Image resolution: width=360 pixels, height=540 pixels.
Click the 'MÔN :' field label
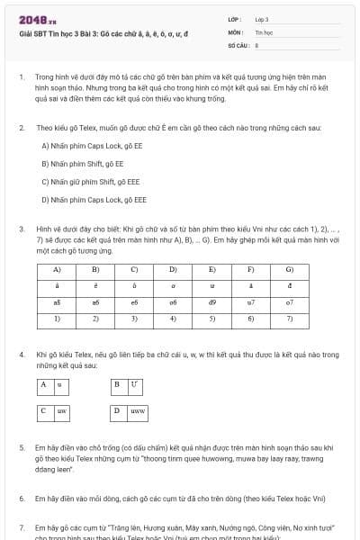(x=235, y=31)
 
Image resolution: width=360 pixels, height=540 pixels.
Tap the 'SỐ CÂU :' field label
(x=238, y=44)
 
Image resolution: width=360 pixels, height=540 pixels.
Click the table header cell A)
(x=57, y=269)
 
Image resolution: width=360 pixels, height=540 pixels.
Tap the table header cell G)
(x=290, y=269)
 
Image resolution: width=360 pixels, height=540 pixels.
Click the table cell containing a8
(x=57, y=303)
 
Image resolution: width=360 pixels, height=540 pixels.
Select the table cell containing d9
(x=212, y=303)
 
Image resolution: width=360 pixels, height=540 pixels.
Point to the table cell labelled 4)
(x=174, y=319)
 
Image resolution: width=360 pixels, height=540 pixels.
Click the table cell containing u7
(x=251, y=303)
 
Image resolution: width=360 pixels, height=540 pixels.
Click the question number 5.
(x=22, y=446)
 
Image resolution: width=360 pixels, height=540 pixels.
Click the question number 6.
(x=22, y=498)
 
